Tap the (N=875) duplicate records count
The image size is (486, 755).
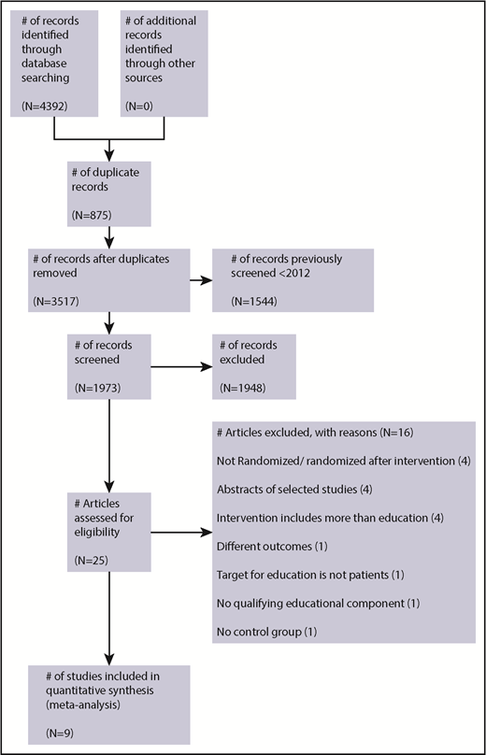point(93,216)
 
